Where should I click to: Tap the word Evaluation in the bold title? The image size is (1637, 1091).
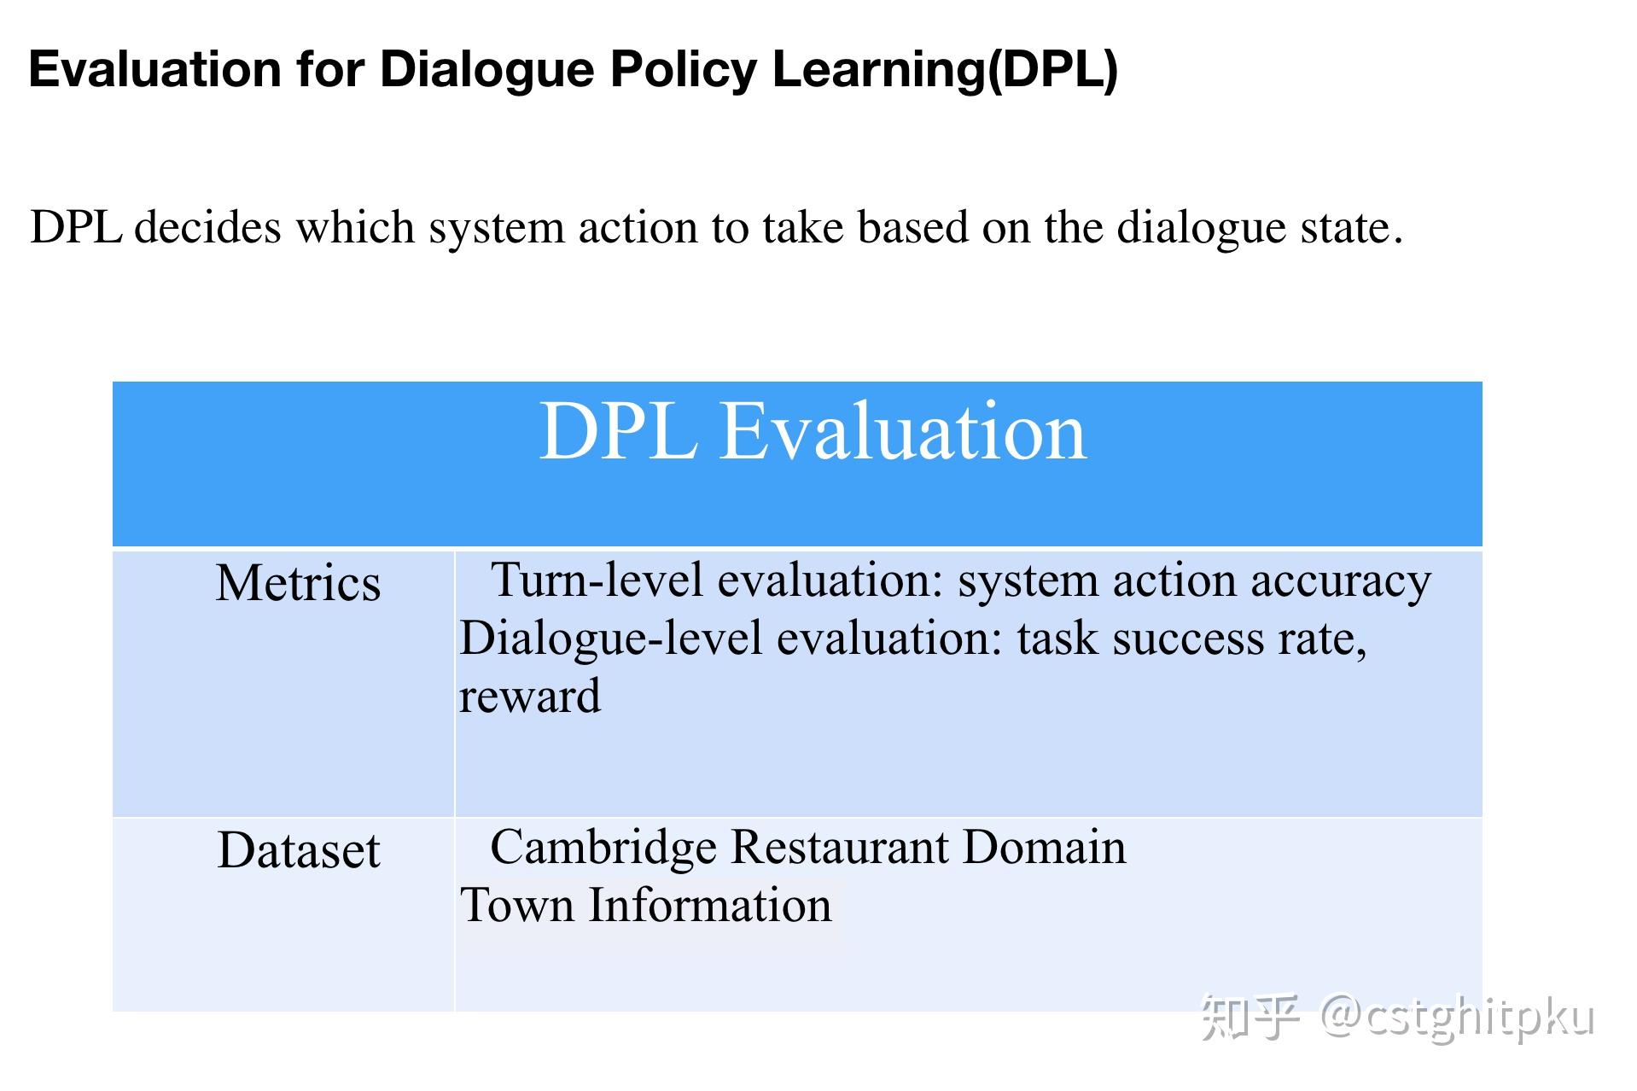click(x=154, y=69)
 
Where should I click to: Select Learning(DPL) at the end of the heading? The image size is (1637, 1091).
click(x=945, y=69)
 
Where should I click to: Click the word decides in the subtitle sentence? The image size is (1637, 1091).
click(x=207, y=227)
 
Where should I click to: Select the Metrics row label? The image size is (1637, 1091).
click(x=298, y=583)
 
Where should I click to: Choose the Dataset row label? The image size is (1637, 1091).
click(x=298, y=850)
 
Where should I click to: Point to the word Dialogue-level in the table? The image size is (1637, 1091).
click(x=610, y=639)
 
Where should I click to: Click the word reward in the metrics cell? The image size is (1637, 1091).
click(x=530, y=696)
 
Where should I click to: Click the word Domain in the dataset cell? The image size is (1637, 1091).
click(x=1044, y=848)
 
